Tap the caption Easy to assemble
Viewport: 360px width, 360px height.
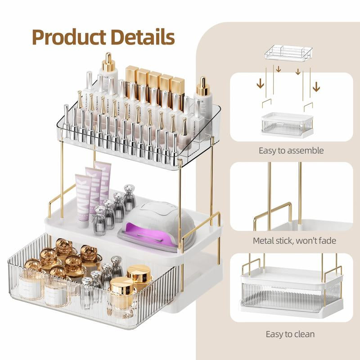[291, 150]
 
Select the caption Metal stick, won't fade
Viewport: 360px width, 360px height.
[294, 240]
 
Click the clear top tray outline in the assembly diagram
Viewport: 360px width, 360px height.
[291, 53]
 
